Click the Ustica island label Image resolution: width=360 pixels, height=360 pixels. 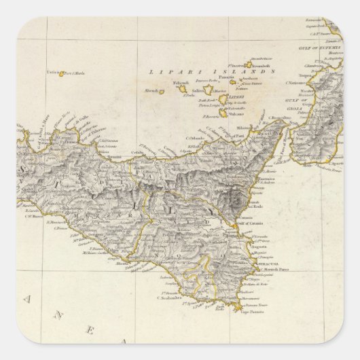[54, 73]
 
